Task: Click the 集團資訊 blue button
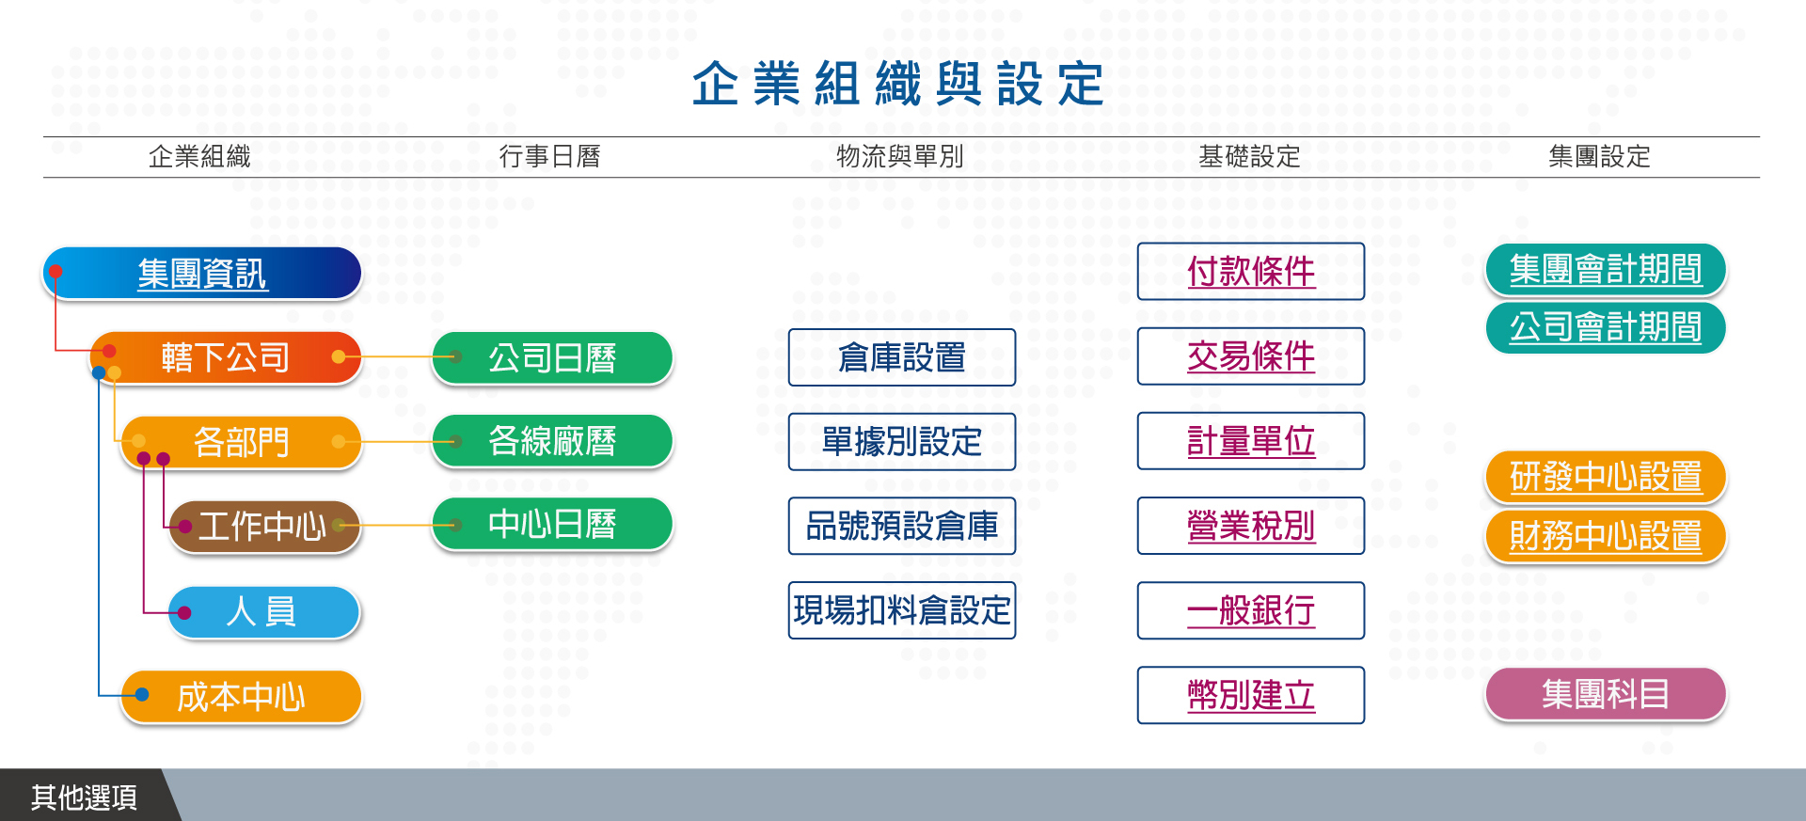[x=202, y=274]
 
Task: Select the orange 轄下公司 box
[x=226, y=357]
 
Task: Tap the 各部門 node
[x=242, y=442]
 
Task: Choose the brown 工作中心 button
[x=264, y=527]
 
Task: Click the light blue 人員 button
[x=264, y=612]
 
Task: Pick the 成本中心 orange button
[x=242, y=697]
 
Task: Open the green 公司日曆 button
[x=552, y=357]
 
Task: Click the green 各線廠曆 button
[x=552, y=440]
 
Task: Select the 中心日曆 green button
[x=552, y=524]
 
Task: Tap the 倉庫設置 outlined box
[x=902, y=357]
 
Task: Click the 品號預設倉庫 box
[x=902, y=526]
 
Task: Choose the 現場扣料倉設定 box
[x=902, y=610]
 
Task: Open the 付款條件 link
[x=1251, y=272]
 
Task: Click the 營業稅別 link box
[x=1251, y=526]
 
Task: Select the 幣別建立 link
[x=1251, y=695]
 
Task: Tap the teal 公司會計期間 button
[x=1606, y=327]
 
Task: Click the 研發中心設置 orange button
[x=1606, y=477]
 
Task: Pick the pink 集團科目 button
[x=1606, y=694]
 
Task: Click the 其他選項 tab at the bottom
[x=85, y=797]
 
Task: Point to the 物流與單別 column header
[x=900, y=156]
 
